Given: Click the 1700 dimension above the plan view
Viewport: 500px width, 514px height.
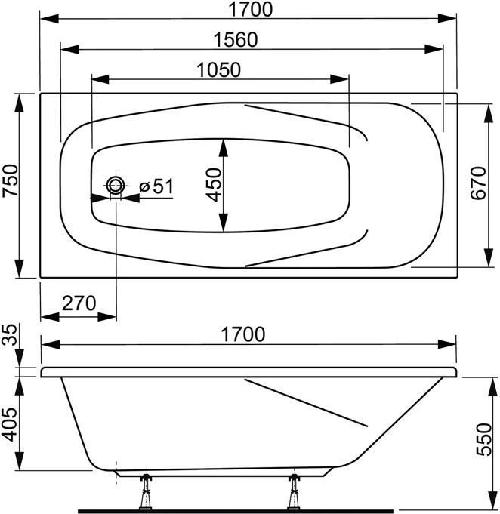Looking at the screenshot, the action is point(250,9).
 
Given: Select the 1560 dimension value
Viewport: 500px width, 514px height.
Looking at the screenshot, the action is point(236,40).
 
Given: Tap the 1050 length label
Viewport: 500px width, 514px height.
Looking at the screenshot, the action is point(218,70).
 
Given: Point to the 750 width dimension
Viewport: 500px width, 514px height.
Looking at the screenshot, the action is point(10,180).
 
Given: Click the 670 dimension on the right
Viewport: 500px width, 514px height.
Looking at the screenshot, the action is point(478,183).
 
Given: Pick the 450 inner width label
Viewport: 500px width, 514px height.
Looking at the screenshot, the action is point(214,185).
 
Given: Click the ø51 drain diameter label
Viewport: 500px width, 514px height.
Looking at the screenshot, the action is point(156,186).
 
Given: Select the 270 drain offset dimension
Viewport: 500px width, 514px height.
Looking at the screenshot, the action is point(79,303).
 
